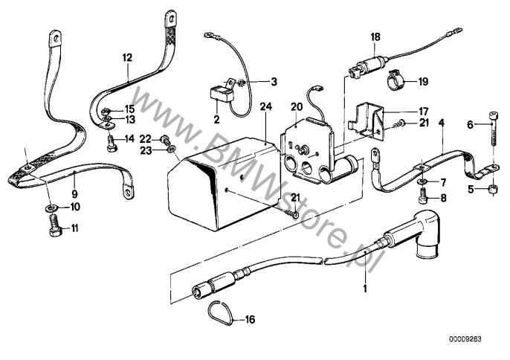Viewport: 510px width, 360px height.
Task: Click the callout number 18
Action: click(x=375, y=36)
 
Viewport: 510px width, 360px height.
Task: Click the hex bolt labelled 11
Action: click(x=54, y=229)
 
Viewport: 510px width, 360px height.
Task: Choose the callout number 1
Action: click(x=364, y=285)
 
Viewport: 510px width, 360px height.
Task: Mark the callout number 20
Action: click(x=296, y=106)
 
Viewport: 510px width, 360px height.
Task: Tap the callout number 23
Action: click(x=146, y=150)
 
